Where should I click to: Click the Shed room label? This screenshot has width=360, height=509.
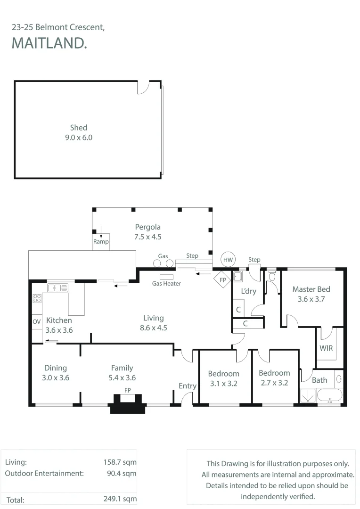79,128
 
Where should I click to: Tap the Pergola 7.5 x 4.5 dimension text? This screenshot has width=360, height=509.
147,237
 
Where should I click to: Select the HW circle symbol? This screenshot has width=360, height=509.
228,260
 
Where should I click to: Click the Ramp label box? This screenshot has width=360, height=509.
101,241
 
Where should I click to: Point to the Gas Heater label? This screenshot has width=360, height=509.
166,283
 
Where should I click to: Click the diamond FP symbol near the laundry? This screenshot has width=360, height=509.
223,279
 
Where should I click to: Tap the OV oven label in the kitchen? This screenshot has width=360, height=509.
37,321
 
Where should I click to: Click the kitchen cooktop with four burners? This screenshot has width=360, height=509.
37,298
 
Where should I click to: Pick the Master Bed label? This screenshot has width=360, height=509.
311,289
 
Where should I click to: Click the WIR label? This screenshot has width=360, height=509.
326,348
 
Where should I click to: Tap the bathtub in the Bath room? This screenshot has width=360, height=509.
329,396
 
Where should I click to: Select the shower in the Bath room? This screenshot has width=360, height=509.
308,396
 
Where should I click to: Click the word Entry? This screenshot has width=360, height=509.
188,386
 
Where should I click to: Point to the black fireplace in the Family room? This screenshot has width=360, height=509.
128,404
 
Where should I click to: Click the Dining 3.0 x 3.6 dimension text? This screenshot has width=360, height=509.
56,378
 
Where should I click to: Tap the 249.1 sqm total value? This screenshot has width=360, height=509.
120,499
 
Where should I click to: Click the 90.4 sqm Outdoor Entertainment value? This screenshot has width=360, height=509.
122,473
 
